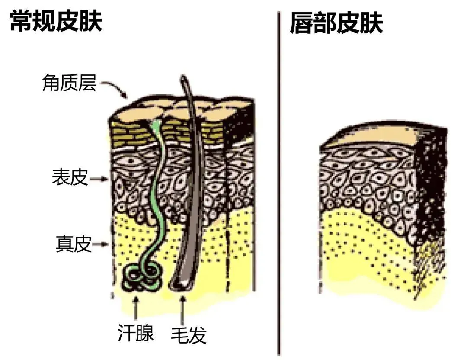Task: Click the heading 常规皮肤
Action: click(56, 22)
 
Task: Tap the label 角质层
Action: click(69, 82)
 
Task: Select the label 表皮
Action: click(70, 177)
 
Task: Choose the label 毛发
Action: click(189, 334)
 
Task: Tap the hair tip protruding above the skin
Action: click(185, 82)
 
